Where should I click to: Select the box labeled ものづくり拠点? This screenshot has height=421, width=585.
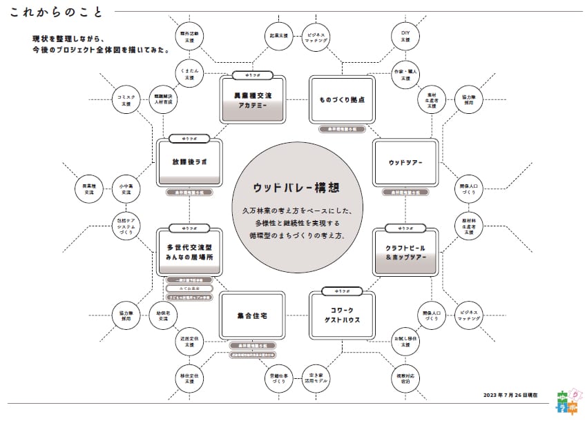tap(341, 100)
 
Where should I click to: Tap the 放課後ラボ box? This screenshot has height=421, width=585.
tap(189, 163)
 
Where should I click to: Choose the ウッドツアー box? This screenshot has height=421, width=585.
tap(405, 163)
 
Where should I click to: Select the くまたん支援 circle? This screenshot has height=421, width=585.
tap(189, 73)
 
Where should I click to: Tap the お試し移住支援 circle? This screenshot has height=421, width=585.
tap(405, 340)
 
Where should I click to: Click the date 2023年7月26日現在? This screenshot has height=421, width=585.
tap(511, 395)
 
